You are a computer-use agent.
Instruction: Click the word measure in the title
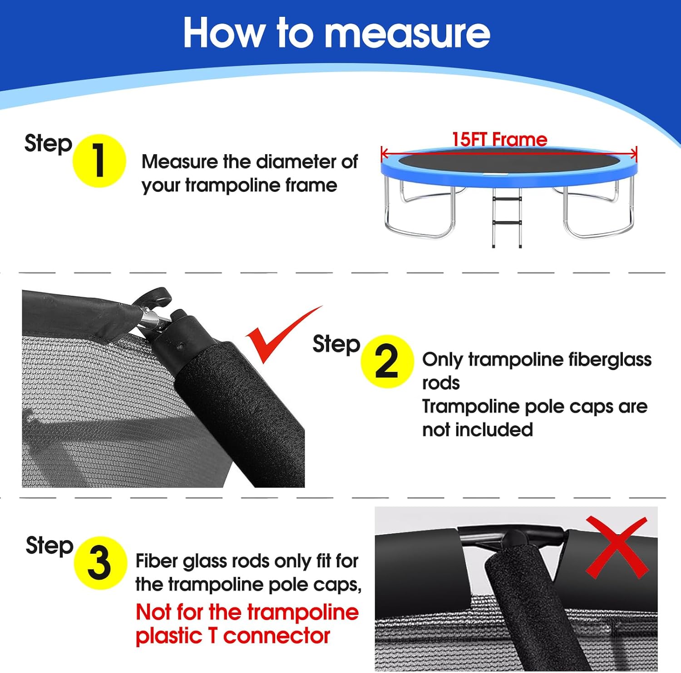pyautogui.click(x=408, y=33)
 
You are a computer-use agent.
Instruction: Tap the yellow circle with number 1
pyautogui.click(x=99, y=161)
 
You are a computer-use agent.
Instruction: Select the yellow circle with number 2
pyautogui.click(x=387, y=361)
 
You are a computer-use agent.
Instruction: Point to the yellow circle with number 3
pyautogui.click(x=100, y=563)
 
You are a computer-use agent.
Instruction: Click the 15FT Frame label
pyautogui.click(x=499, y=139)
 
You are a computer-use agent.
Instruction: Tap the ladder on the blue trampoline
pyautogui.click(x=507, y=217)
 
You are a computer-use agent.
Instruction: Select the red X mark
pyautogui.click(x=617, y=547)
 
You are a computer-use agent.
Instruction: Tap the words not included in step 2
pyautogui.click(x=478, y=429)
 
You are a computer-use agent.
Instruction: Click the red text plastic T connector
pyautogui.click(x=232, y=635)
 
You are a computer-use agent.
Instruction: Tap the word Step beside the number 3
pyautogui.click(x=49, y=546)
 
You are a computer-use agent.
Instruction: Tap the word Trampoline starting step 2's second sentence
pyautogui.click(x=471, y=407)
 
